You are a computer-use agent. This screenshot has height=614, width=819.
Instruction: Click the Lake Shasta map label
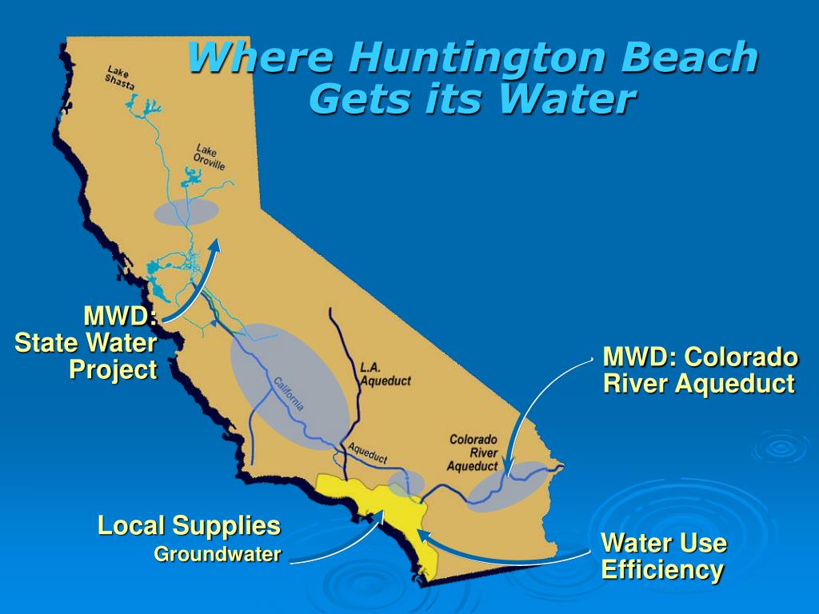pyautogui.click(x=120, y=77)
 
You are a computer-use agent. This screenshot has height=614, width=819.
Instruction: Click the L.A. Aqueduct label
pyautogui.click(x=385, y=374)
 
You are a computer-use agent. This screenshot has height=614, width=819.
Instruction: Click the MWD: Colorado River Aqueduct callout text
pyautogui.click(x=700, y=369)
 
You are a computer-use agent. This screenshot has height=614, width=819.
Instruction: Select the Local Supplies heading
pyautogui.click(x=189, y=526)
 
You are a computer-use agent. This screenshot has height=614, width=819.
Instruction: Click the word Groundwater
pyautogui.click(x=218, y=554)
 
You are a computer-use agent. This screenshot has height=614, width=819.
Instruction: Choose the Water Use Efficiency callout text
pyautogui.click(x=663, y=557)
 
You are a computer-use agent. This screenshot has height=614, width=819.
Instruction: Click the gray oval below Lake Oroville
pyautogui.click(x=186, y=212)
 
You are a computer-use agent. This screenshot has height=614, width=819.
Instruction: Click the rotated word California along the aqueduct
pyautogui.click(x=289, y=393)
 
